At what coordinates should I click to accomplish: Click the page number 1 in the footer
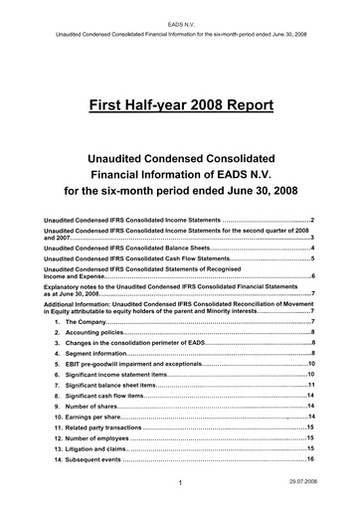pos(178,482)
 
